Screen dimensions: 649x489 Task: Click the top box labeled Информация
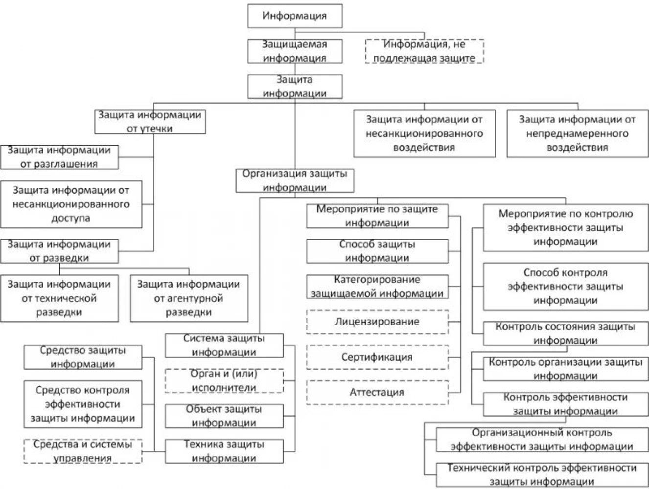click(x=295, y=16)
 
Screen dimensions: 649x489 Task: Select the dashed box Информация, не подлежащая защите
click(x=424, y=51)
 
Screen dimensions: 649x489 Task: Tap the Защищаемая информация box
click(x=295, y=51)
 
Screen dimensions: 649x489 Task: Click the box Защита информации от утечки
click(x=150, y=122)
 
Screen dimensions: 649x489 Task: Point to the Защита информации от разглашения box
click(x=59, y=157)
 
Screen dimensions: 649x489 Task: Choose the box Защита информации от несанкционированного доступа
click(x=71, y=204)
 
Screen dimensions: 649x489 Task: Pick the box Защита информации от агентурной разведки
click(x=189, y=298)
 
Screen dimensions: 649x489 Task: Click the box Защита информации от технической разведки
click(x=59, y=298)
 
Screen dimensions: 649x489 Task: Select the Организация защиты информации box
click(x=295, y=181)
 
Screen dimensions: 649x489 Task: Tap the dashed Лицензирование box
click(x=377, y=322)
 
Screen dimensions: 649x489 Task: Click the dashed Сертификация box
click(x=377, y=357)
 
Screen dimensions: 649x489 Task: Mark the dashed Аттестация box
click(x=377, y=393)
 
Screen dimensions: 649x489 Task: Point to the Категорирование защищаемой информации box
click(x=377, y=287)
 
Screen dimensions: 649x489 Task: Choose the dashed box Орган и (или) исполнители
click(x=225, y=381)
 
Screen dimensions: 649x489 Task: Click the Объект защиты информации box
click(x=225, y=416)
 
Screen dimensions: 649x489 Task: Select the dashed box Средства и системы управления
click(x=83, y=451)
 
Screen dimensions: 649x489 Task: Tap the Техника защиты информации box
click(x=225, y=451)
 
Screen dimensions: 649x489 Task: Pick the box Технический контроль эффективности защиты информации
click(x=542, y=475)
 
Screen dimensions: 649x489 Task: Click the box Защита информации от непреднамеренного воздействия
click(x=578, y=133)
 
